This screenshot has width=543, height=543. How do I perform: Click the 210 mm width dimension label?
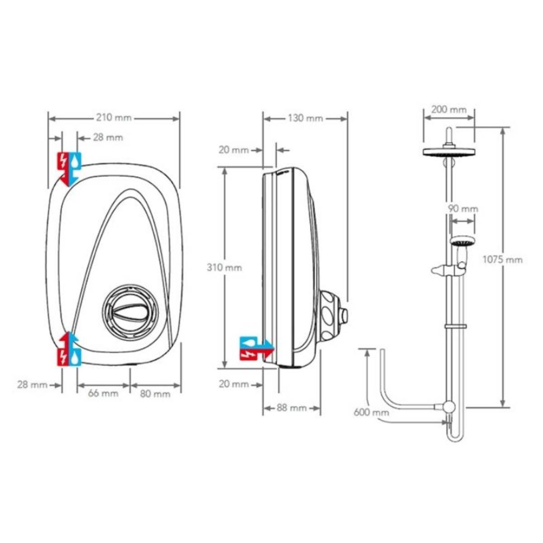(x=114, y=118)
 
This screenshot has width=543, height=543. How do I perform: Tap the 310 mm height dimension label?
(x=224, y=267)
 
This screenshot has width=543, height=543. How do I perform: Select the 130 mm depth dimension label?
(x=305, y=119)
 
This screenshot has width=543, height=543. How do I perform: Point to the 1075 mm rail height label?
(x=502, y=260)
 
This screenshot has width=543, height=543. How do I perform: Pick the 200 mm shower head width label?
(x=448, y=110)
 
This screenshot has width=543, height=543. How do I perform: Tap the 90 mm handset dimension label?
(x=463, y=209)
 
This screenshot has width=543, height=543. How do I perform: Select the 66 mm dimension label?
(x=103, y=393)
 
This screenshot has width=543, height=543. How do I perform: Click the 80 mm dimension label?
(x=155, y=394)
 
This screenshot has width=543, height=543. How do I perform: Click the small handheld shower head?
(x=462, y=241)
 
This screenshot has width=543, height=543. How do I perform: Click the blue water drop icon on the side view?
(x=247, y=342)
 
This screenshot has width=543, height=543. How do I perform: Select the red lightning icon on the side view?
(x=247, y=354)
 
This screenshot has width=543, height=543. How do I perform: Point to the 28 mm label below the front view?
(x=32, y=385)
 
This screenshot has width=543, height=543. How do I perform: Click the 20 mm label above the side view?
(x=233, y=150)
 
